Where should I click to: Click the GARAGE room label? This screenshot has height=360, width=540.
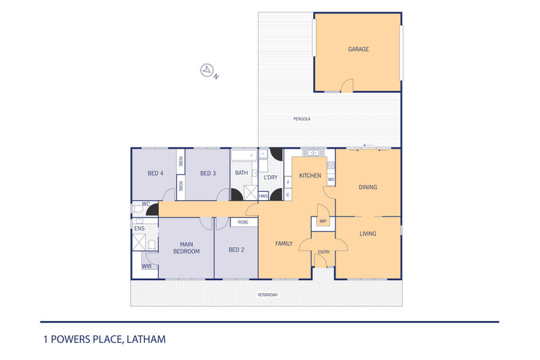[x=358, y=49]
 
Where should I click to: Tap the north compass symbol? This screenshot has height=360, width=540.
[x=206, y=70]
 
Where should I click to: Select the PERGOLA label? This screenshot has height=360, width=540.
[x=301, y=119]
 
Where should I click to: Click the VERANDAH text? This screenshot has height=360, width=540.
[x=267, y=295]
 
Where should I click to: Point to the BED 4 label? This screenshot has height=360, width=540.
[x=155, y=174]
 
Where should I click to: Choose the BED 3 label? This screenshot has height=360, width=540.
[x=208, y=174]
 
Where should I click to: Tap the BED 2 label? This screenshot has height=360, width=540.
[x=236, y=250]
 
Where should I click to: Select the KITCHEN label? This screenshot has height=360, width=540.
[x=310, y=176]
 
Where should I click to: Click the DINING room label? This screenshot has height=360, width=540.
[x=368, y=187]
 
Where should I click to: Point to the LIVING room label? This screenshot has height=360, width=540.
[x=368, y=234]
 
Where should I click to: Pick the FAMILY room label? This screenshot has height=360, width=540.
[x=284, y=244]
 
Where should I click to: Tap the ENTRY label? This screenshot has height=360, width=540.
[x=323, y=252]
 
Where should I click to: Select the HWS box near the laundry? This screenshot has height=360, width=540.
[x=262, y=195]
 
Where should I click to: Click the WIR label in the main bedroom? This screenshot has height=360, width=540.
[x=147, y=266]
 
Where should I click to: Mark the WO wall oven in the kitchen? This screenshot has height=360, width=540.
[x=331, y=180]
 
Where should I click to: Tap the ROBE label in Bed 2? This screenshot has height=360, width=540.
[x=243, y=222]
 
